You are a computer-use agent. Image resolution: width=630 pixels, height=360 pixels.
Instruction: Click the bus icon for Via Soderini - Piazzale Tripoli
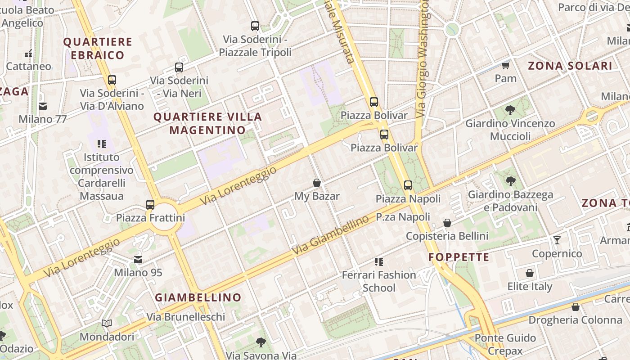point(255,26)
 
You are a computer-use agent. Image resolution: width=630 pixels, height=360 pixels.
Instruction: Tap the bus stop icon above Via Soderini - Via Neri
point(179,67)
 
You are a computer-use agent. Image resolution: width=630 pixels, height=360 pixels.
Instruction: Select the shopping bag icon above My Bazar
point(317,183)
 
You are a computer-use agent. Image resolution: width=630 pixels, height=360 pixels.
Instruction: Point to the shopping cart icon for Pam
point(505,66)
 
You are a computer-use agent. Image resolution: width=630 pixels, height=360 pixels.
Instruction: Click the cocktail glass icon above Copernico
point(557,240)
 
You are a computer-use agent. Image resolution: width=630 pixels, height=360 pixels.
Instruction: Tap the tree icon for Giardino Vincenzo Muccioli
point(510,110)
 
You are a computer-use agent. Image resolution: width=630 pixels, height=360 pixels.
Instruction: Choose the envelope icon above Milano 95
point(138,260)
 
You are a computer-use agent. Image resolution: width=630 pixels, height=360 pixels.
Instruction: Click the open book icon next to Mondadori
point(107,324)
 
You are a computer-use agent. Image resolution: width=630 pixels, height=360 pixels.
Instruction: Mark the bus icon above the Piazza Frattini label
point(150,205)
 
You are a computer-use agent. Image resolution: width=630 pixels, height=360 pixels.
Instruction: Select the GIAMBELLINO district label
point(198,297)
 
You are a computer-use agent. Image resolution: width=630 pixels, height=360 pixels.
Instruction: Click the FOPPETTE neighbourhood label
point(459,257)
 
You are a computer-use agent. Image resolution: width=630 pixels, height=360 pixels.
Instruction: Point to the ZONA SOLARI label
point(570,66)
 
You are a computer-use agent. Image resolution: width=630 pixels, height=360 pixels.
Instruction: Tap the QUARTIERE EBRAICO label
point(98,49)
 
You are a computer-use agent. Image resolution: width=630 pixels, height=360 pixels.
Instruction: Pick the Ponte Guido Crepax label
point(505,344)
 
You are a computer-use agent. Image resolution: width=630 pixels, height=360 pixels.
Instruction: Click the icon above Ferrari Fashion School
point(379,261)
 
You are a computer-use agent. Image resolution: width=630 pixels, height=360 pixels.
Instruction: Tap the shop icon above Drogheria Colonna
point(575,307)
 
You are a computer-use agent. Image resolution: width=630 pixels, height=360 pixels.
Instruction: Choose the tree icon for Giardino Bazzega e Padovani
point(510,181)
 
